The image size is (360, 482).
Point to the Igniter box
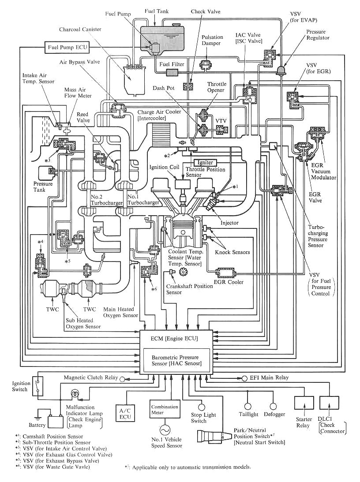pos(205,163)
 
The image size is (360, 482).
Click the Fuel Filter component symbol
pos(169,72)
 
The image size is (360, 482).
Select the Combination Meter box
pos(165,410)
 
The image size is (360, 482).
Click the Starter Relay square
pos(303,403)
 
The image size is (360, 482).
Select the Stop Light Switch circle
pos(202,407)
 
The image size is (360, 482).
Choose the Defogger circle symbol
pos(273,406)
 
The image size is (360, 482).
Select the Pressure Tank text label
pos(43,187)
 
